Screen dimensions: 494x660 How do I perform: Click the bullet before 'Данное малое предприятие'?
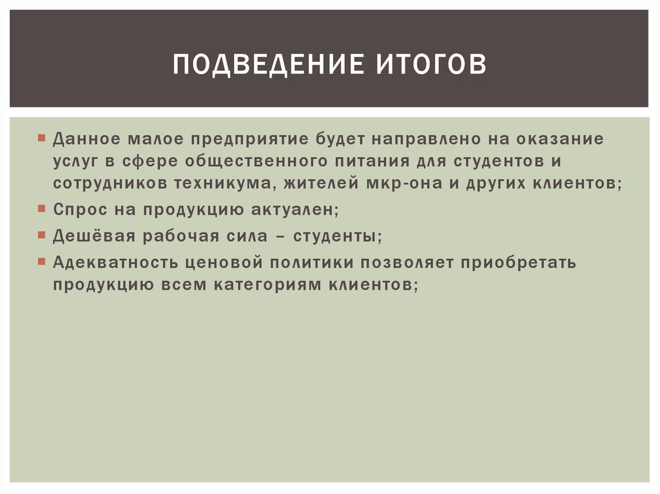tap(41, 138)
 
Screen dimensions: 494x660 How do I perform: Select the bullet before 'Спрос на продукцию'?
tap(41, 209)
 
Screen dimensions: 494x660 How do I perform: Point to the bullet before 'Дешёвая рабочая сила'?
tap(41, 236)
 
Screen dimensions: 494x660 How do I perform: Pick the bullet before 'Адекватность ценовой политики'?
tap(41, 263)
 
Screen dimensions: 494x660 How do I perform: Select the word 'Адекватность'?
tap(117, 263)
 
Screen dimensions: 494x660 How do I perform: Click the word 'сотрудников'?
tap(108, 184)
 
